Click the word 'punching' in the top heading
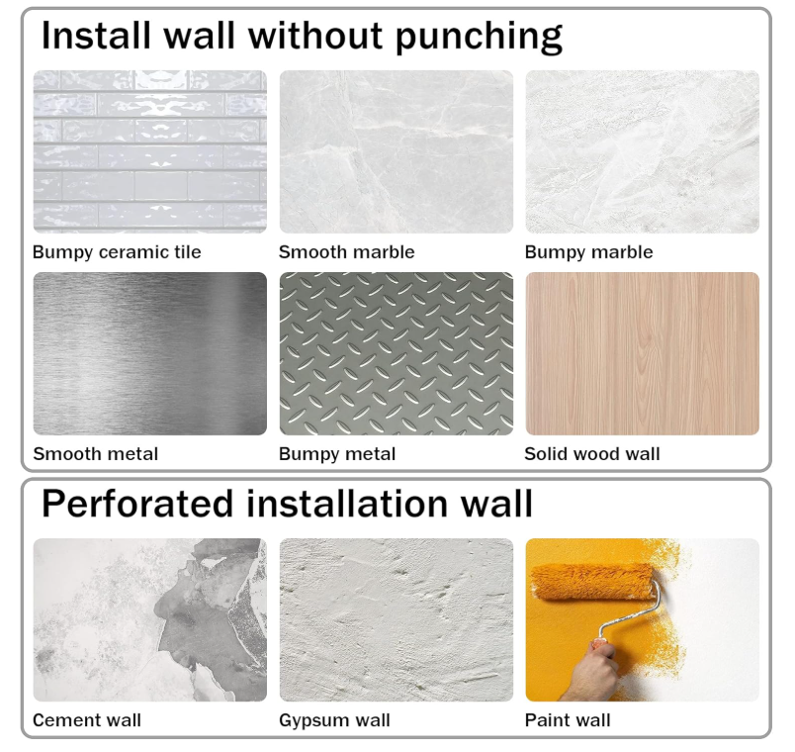479,37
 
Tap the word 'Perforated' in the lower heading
137,505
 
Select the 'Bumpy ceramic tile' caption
117,252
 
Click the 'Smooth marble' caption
346,252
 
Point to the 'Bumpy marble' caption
588,252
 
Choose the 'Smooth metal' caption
95,453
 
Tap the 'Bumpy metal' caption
337,454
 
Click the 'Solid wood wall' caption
592,453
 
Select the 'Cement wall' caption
87,720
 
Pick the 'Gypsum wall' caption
334,720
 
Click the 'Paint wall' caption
568,720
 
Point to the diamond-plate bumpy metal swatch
396,353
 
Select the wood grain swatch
643,353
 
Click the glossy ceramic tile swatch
150,151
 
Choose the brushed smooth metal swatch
150,353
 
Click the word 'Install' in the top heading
96,36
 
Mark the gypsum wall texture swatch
396,620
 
